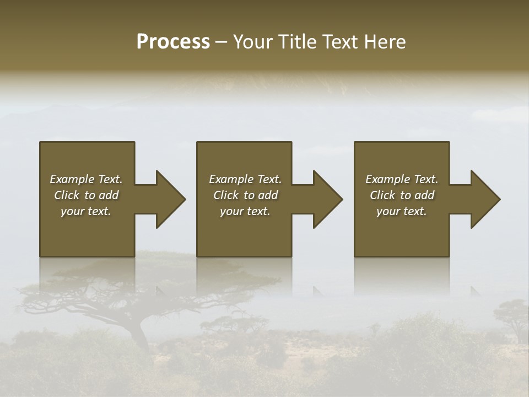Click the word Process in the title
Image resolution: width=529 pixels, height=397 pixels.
click(x=173, y=42)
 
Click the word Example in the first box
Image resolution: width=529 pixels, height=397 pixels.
click(x=72, y=179)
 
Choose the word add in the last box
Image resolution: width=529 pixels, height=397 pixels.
click(x=424, y=195)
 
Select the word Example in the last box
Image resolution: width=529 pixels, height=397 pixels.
click(x=387, y=179)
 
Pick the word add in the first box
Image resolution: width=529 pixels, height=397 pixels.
click(x=109, y=195)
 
